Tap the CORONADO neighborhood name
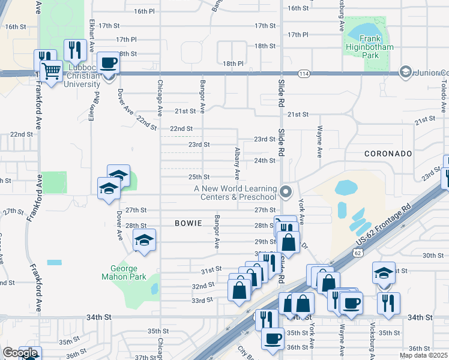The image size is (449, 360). [x=388, y=154]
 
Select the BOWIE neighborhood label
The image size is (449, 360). [x=187, y=223]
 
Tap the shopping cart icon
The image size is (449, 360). [x=52, y=71]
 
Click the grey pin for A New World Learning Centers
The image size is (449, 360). [x=286, y=193]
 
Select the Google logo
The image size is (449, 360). [x=20, y=353]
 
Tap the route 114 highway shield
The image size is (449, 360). [x=304, y=73]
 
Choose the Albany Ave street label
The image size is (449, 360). [x=238, y=163]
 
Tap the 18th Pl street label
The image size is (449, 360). [x=232, y=63]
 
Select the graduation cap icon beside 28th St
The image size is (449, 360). [x=144, y=240]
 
